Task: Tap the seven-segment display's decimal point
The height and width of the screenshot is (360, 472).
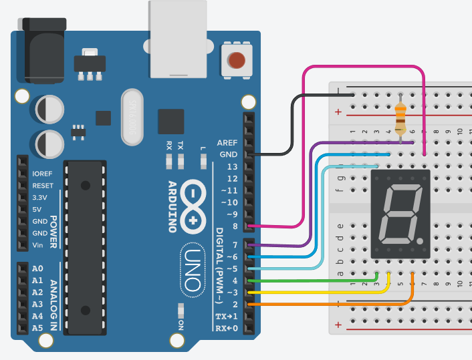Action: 419,239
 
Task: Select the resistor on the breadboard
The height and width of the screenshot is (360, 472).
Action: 400,120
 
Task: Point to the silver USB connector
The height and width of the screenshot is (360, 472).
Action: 177,40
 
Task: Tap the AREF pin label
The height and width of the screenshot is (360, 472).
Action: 227,143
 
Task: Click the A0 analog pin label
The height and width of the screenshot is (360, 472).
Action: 37,268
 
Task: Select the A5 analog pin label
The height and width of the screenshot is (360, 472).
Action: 37,328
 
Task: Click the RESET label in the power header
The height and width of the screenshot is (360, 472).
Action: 43,186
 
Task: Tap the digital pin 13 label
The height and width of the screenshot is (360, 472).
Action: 232,166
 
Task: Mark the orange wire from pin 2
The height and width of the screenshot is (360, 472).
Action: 334,304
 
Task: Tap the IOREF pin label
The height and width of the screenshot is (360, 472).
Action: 43,174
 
